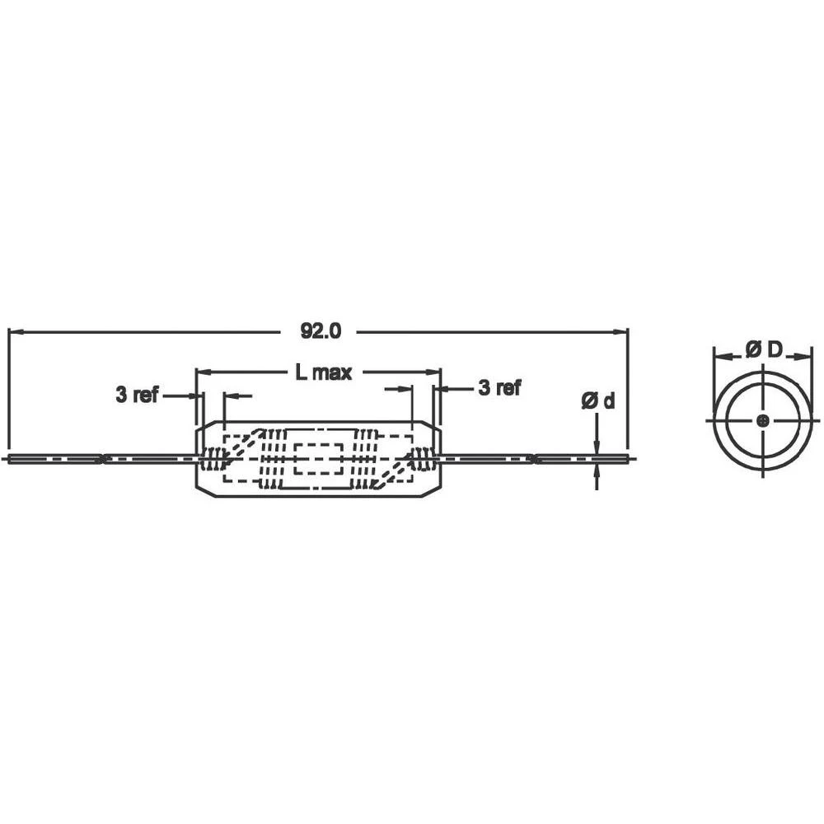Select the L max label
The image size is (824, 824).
[x=324, y=372]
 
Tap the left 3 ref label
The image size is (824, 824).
[x=137, y=395]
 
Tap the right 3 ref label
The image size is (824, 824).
[x=499, y=387]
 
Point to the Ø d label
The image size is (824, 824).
[x=597, y=401]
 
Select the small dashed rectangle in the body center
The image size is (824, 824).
[x=318, y=458]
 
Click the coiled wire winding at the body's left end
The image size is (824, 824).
[x=216, y=459]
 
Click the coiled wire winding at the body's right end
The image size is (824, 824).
[x=422, y=459]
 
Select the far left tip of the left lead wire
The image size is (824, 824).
[x=7, y=459]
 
